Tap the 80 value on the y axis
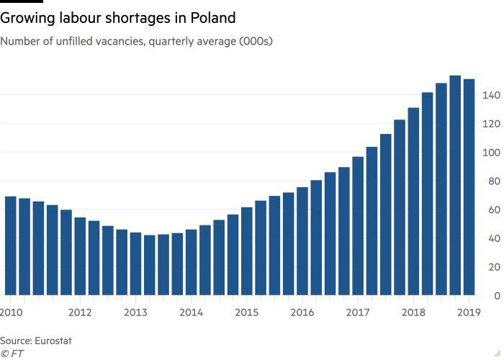coord(492,181)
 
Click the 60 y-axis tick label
coord(492,210)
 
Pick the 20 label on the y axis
coord(492,267)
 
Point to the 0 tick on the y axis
coord(495,296)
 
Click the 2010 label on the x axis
coord(11,312)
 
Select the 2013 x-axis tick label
coord(135,312)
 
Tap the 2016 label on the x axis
coord(302,312)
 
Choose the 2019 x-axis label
coord(469,312)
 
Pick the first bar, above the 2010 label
coord(11,246)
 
